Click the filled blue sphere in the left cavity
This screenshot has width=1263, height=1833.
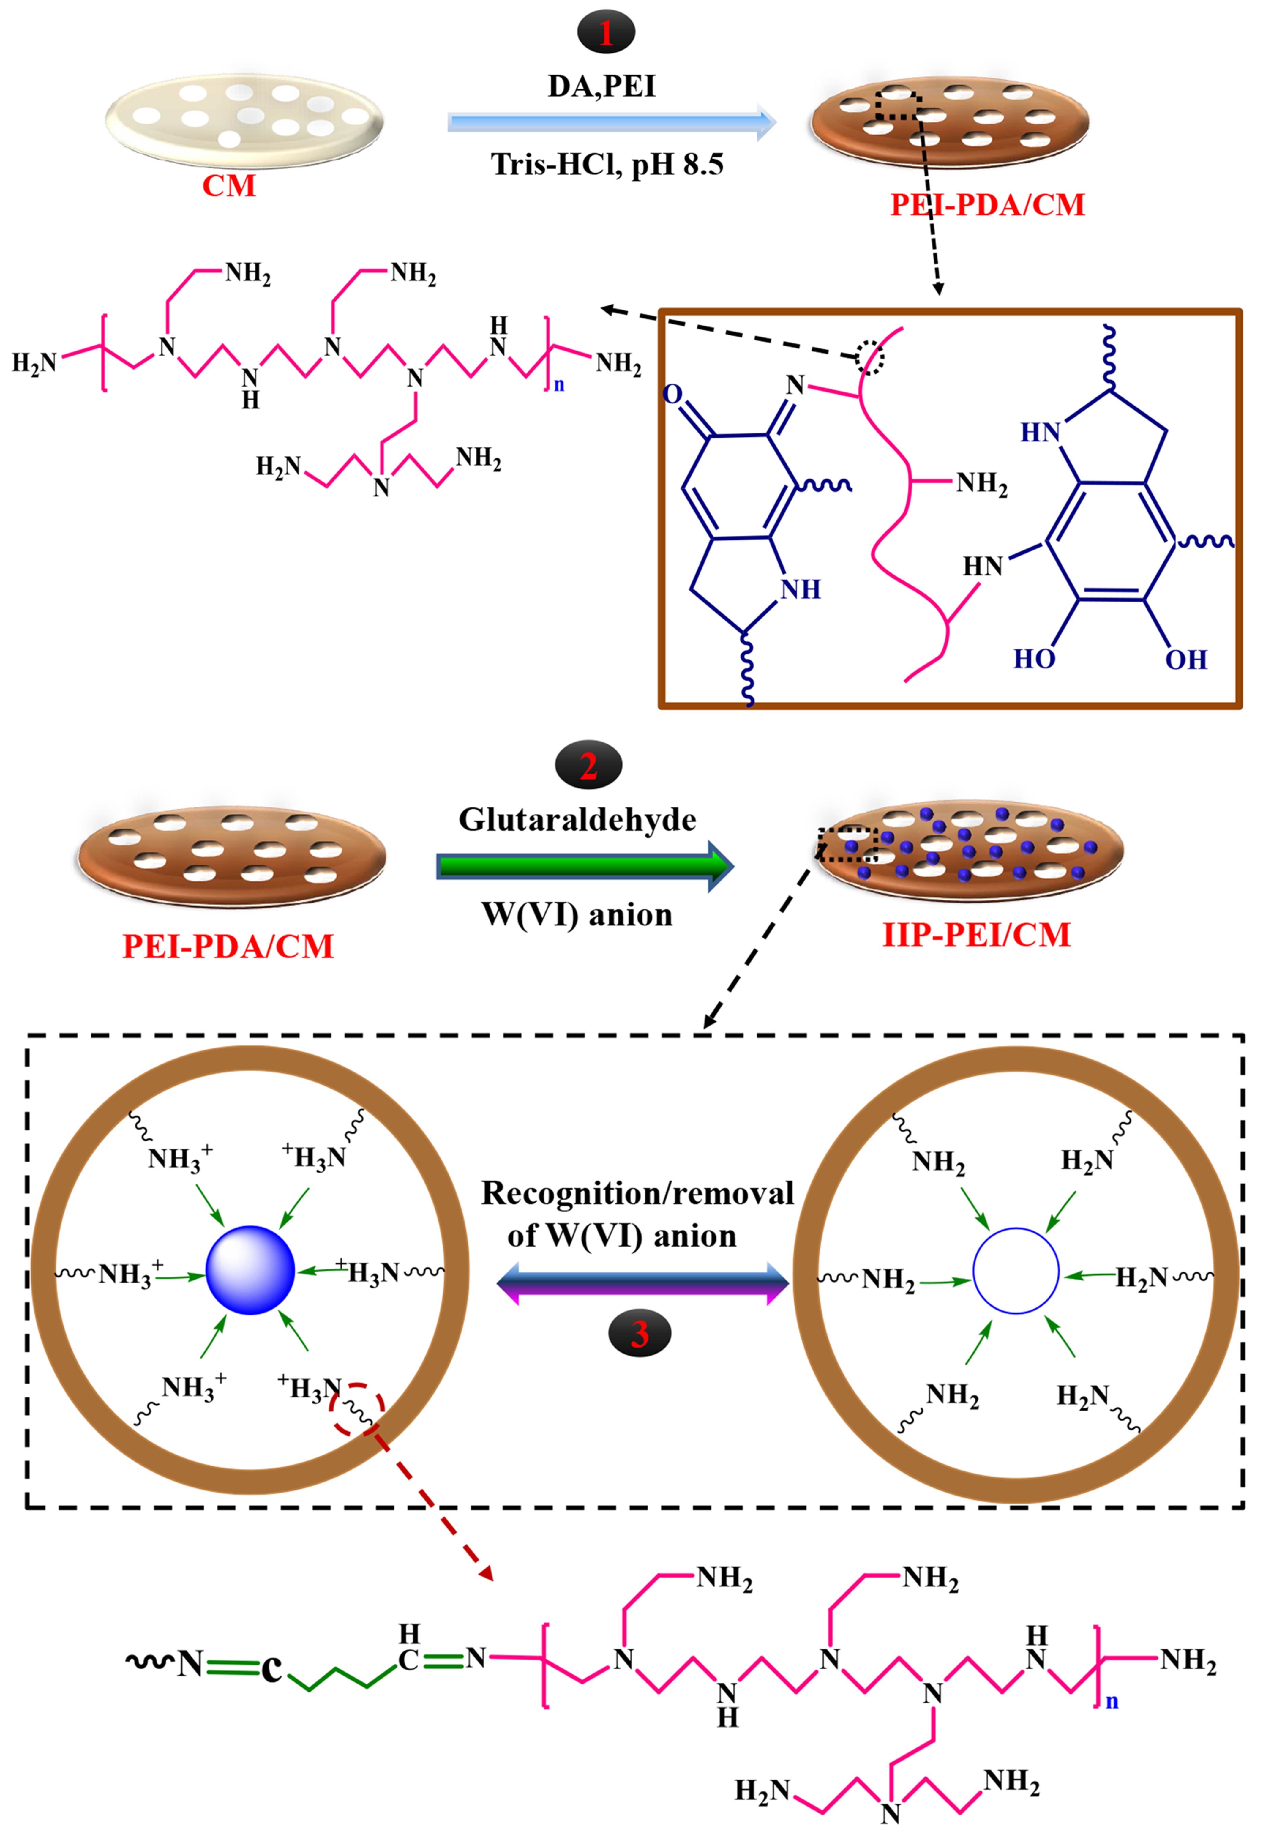pyautogui.click(x=250, y=1270)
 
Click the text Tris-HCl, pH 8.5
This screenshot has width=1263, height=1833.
pyautogui.click(x=607, y=165)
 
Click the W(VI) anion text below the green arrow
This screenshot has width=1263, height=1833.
pyautogui.click(x=578, y=914)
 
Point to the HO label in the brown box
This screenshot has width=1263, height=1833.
pyautogui.click(x=1033, y=659)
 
